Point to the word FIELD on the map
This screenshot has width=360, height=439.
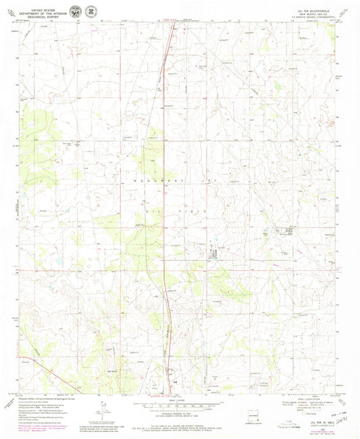[203, 211]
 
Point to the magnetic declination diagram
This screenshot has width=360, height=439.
[102, 410]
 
